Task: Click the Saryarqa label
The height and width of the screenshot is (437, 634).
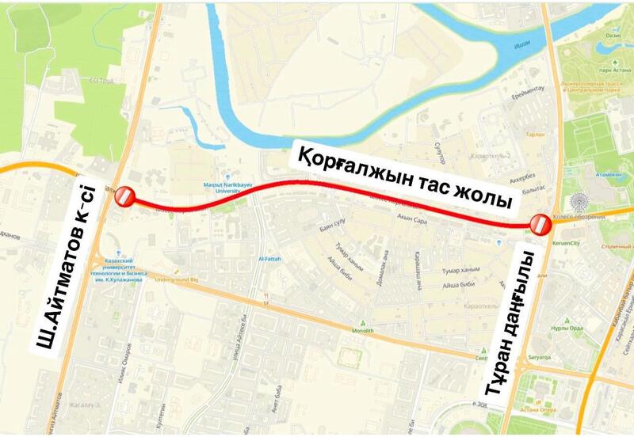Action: [x=539, y=358]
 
